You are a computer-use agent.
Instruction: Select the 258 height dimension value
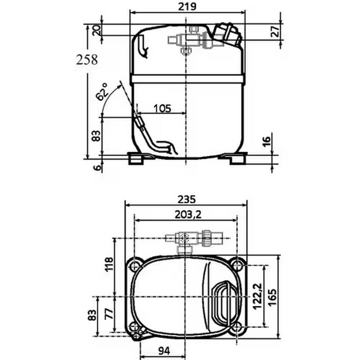pyautogui.click(x=87, y=59)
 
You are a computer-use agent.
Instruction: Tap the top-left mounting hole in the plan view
pyautogui.click(x=135, y=265)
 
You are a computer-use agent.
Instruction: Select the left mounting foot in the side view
pyautogui.click(x=138, y=158)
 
